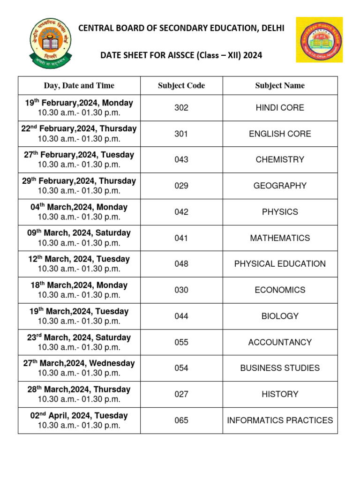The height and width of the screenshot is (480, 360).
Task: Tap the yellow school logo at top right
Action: coord(319,40)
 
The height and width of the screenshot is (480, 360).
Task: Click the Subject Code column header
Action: coord(181,86)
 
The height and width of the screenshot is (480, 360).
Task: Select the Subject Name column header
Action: coord(280,86)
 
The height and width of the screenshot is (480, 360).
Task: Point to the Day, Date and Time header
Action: coord(79,86)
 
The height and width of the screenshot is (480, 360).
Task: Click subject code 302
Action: coord(181,108)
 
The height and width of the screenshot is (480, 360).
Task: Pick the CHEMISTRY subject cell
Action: coord(280,160)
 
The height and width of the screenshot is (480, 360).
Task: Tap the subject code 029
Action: coord(181,186)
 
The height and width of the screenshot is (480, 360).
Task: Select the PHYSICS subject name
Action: coord(280,212)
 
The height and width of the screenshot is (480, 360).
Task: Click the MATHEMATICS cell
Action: coord(280,238)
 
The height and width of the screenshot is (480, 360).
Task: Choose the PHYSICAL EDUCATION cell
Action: coord(280,264)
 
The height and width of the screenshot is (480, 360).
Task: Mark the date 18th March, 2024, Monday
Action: coord(79,285)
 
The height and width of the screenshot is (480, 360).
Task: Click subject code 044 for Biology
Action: coord(181,316)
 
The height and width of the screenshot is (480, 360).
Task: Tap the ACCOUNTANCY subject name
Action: coord(280,342)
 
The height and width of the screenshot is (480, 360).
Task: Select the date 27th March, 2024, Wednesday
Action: coord(79,363)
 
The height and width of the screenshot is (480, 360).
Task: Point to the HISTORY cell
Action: coord(280,394)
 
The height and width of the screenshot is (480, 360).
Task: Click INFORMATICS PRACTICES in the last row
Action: coord(280,420)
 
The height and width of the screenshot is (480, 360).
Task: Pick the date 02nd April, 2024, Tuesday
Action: coord(79,416)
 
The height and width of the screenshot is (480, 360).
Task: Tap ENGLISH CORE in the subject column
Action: coord(280,134)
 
